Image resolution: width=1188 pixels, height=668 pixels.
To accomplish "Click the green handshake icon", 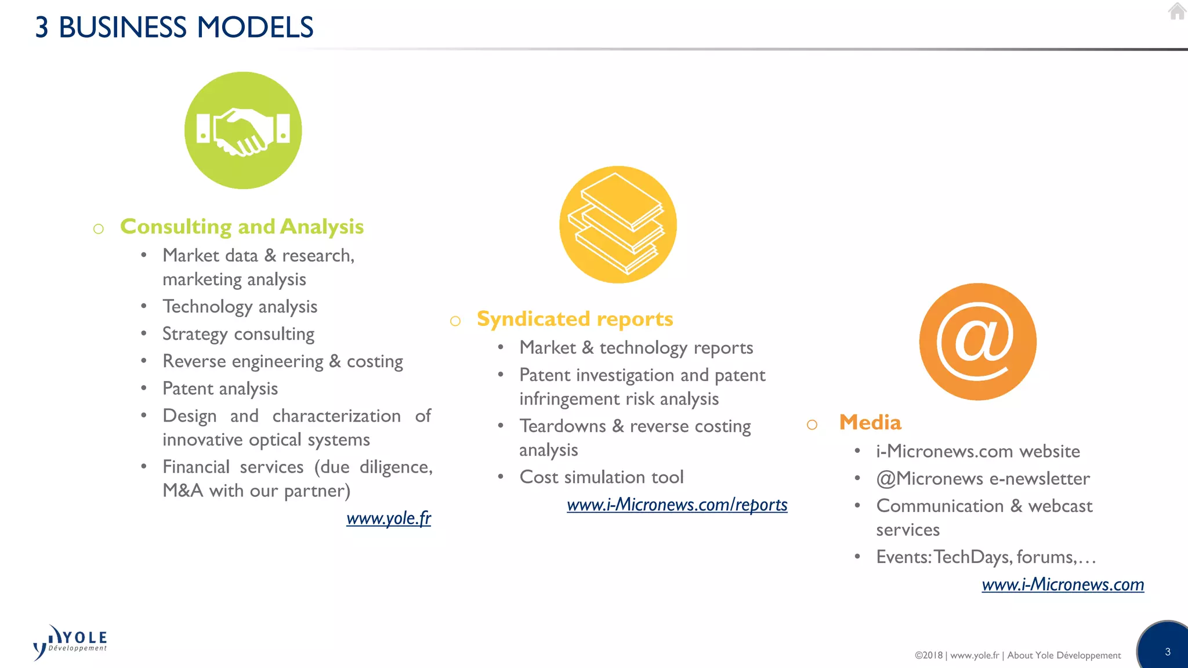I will [243, 130].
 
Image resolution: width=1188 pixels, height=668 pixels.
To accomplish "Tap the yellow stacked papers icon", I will [618, 224].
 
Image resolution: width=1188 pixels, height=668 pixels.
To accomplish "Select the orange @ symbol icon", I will [977, 342].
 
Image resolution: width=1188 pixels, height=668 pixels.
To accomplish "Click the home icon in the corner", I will [1177, 11].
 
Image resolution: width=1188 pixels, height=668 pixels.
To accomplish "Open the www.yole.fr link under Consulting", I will [389, 518].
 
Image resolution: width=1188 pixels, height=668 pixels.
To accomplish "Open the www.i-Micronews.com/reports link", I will [677, 504].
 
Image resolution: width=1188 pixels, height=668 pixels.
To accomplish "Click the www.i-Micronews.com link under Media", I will [1063, 584].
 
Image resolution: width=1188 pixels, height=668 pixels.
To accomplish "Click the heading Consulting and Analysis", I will [242, 226].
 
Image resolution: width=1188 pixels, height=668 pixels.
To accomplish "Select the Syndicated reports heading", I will [575, 319].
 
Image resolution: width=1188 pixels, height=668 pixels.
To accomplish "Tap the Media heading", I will [870, 422].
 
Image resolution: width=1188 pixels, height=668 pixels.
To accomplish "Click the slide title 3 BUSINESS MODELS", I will [174, 27].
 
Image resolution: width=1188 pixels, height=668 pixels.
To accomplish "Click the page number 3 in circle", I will [1167, 652].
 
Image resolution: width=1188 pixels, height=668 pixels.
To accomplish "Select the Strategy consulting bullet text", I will [238, 334].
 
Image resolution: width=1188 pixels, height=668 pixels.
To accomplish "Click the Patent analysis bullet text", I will [220, 389].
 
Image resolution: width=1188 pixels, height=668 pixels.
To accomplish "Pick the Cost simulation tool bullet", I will [602, 477].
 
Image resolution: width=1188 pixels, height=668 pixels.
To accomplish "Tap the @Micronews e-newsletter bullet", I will [983, 478].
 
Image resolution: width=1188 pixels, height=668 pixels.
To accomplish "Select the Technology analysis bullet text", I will [240, 307].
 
